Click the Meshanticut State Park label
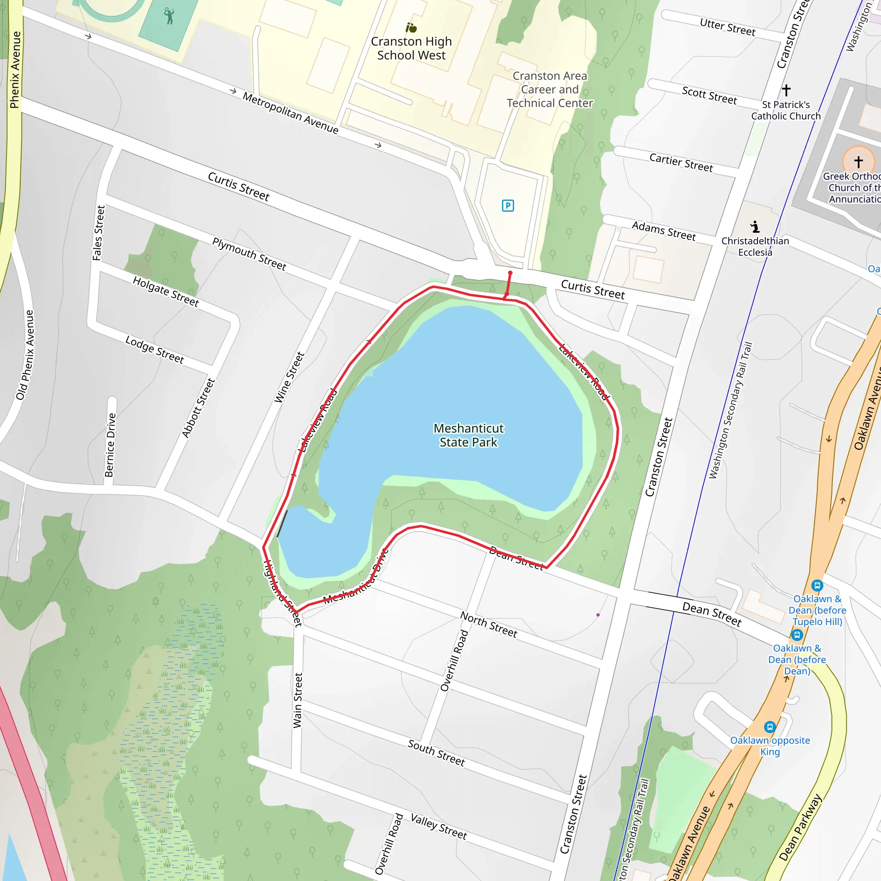point(468,435)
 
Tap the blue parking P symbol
point(508,206)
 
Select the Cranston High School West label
point(411,48)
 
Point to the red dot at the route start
point(510,273)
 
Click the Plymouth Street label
point(249,254)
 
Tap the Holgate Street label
point(166,291)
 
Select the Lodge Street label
point(154,350)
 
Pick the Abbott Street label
point(198,408)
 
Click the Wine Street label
point(289,377)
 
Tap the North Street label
point(488,624)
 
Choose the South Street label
point(436,753)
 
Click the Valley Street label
point(438,826)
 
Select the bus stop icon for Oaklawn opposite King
point(770,727)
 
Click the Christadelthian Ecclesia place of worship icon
point(755,226)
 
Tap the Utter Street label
point(727,27)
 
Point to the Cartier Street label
point(681,163)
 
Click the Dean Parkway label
point(800,827)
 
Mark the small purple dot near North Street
point(598,615)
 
